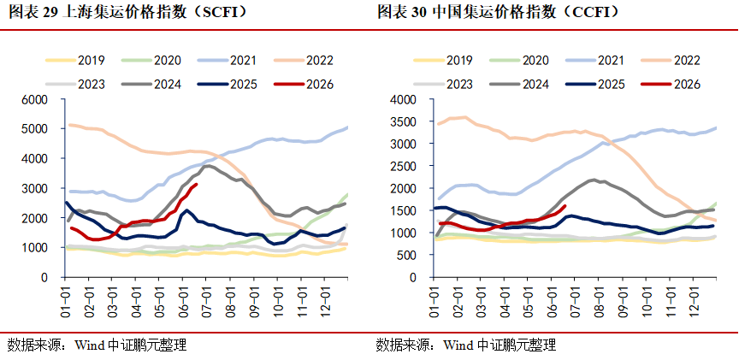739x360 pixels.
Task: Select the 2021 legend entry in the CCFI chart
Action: click(x=595, y=60)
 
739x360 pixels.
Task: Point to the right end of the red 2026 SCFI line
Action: click(x=196, y=184)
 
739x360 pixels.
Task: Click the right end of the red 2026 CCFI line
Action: click(x=565, y=206)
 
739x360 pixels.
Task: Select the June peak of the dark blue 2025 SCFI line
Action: click(x=186, y=210)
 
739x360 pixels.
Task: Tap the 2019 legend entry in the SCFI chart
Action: click(x=75, y=60)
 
